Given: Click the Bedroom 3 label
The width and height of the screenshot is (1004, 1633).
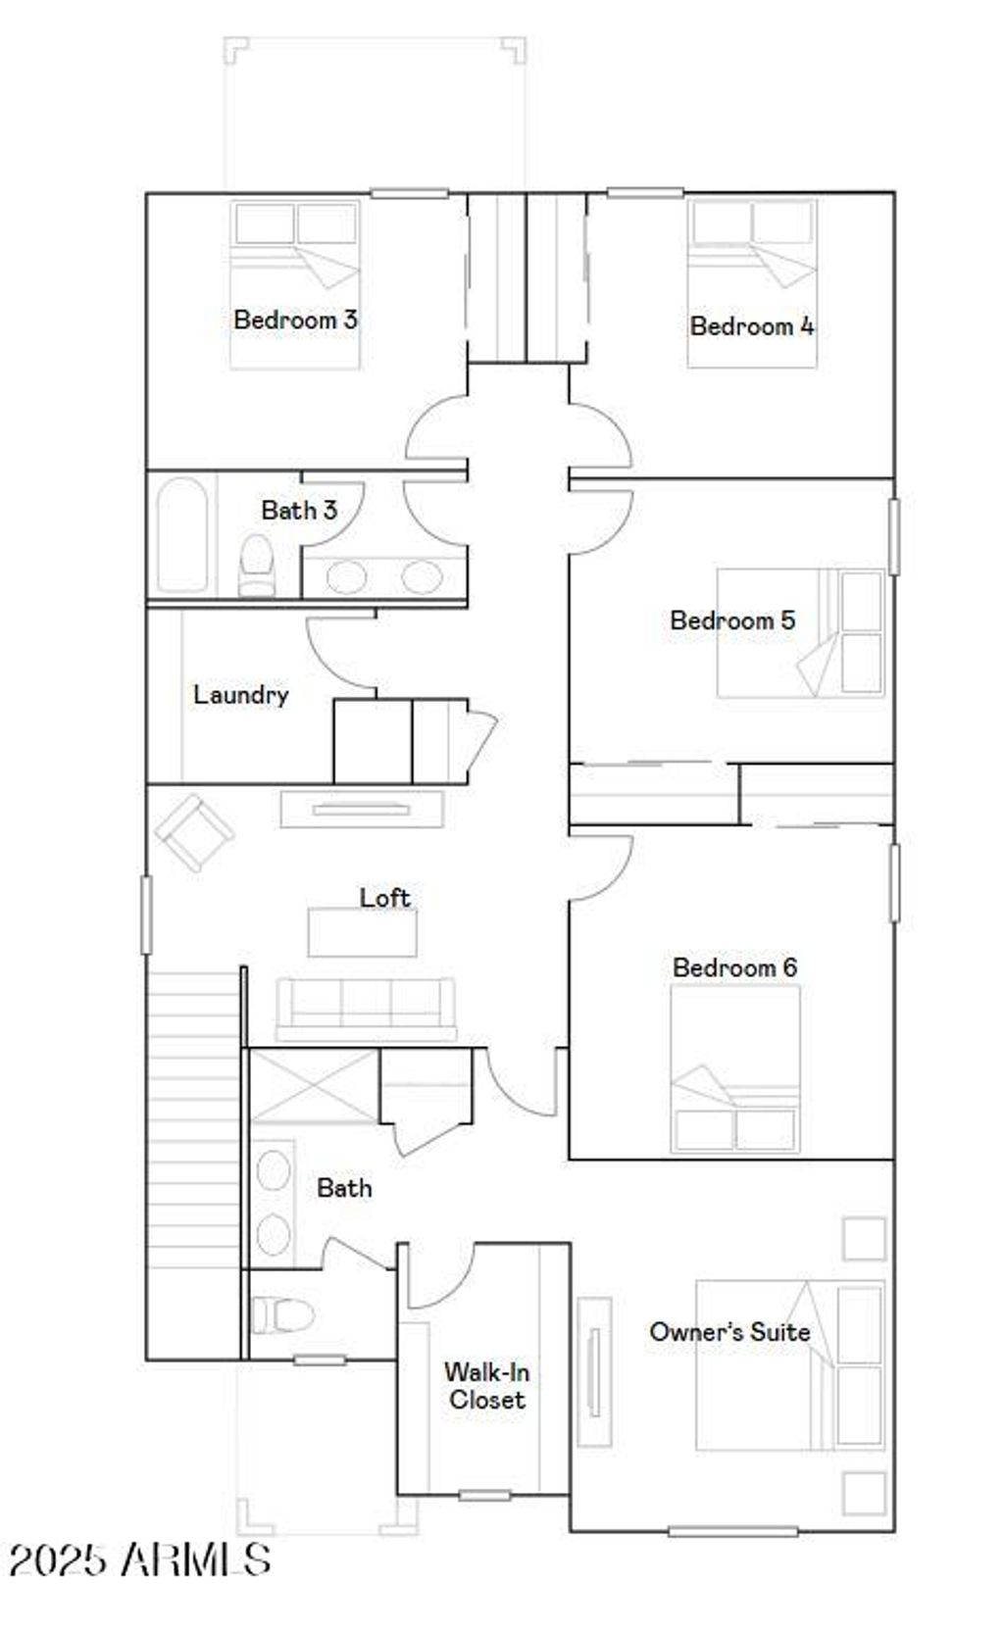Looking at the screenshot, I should point(295,320).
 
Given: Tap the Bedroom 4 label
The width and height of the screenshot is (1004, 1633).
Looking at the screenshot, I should point(751,326).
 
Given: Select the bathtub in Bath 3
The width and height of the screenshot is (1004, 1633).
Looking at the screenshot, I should point(181,534).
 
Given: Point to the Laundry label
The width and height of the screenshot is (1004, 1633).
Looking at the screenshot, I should point(240,695).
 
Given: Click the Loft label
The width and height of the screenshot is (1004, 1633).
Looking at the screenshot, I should point(384,898).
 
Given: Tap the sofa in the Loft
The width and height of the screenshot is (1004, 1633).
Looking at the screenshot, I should point(366,1007).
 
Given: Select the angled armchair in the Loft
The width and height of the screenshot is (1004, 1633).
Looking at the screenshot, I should point(193,832).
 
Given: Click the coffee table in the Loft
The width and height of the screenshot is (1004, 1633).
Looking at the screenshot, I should point(362,932).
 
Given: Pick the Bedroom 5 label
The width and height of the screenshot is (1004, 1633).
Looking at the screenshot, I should point(732,620).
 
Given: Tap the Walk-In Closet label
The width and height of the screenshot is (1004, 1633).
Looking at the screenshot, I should point(486,1386).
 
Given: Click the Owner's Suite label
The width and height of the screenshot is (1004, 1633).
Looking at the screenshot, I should point(729,1332).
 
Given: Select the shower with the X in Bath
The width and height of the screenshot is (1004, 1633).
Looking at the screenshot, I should point(313,1086).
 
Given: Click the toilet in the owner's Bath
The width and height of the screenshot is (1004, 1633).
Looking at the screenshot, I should point(281,1314).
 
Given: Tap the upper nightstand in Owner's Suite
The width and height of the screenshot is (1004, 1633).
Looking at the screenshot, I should point(864,1238).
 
